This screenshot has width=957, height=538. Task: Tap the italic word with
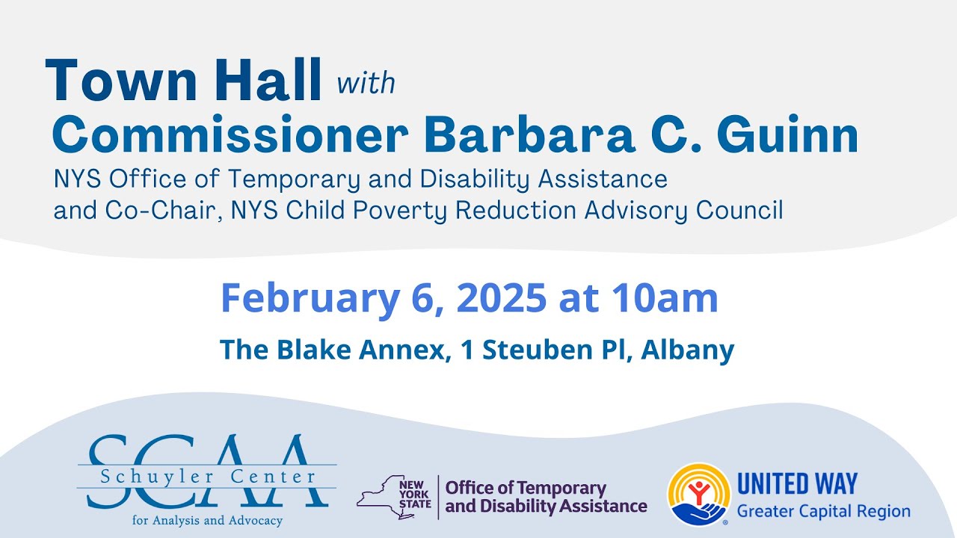coord(366,83)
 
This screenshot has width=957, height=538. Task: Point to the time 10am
coord(665,298)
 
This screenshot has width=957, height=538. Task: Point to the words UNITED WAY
coord(797,485)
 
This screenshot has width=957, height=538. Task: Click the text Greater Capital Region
coord(823,512)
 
